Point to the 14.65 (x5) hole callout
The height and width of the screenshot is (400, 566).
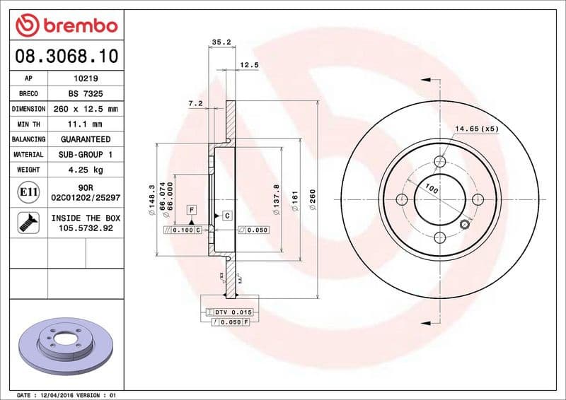[477, 129]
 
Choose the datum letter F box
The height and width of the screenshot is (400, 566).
[191, 210]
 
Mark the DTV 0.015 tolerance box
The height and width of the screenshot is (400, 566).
[233, 312]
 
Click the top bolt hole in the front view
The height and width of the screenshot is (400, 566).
[439, 162]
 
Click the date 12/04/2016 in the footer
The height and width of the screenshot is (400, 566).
[60, 394]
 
